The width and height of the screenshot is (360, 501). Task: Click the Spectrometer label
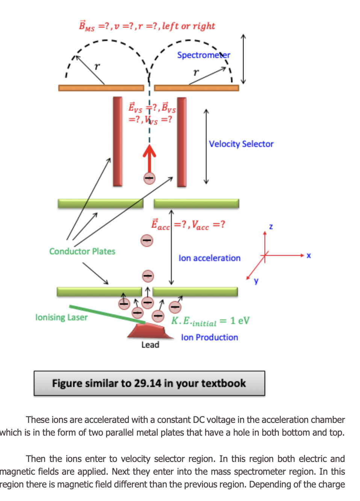pyautogui.click(x=203, y=55)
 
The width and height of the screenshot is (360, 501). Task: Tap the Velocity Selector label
pyautogui.click(x=241, y=144)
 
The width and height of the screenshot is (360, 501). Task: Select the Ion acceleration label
pyautogui.click(x=209, y=258)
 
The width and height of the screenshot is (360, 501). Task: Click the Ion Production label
pyautogui.click(x=209, y=337)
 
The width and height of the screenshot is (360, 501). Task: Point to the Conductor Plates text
pyautogui.click(x=82, y=251)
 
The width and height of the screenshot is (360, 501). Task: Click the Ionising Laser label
pyautogui.click(x=61, y=317)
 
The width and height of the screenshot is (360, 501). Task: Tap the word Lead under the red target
pyautogui.click(x=150, y=345)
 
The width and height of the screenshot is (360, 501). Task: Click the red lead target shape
pyautogui.click(x=148, y=330)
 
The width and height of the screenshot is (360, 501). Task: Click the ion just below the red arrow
pyautogui.click(x=150, y=178)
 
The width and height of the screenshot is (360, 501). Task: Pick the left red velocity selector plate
pyautogui.click(x=118, y=141)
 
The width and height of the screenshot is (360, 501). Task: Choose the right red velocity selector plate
pyautogui.click(x=182, y=141)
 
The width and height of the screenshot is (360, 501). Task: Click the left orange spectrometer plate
pyautogui.click(x=101, y=88)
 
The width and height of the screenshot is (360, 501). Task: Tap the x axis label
pyautogui.click(x=309, y=255)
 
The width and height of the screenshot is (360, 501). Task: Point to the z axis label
pyautogui.click(x=271, y=226)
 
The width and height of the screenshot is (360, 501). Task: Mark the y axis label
pyautogui.click(x=256, y=281)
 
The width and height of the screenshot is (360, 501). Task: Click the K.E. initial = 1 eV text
pyautogui.click(x=210, y=321)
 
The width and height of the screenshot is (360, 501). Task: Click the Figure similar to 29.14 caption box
pyautogui.click(x=149, y=383)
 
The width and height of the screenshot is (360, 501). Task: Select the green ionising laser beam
pyautogui.click(x=107, y=314)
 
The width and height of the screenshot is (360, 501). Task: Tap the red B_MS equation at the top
pyautogui.click(x=147, y=26)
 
